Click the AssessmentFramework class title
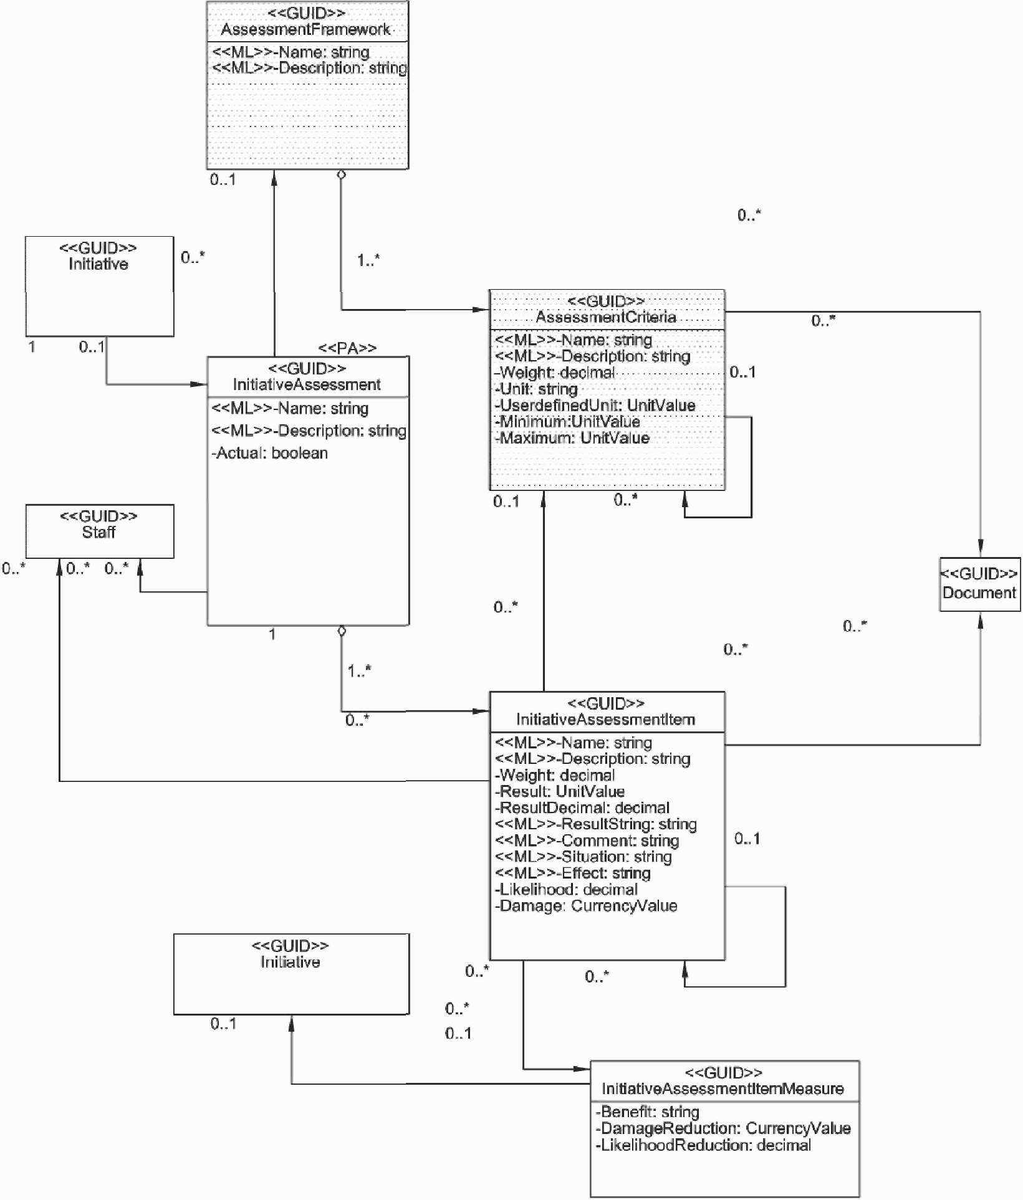pos(305,29)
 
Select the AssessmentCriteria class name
pos(606,317)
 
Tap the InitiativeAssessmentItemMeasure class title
pos(723,1088)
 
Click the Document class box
pos(980,584)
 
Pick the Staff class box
pos(100,531)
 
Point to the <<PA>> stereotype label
pos(347,348)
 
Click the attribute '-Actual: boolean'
pos(270,453)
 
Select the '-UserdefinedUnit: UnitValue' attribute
pos(595,406)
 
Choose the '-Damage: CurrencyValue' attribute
pos(586,906)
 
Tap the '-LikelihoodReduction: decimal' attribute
pos(704,1145)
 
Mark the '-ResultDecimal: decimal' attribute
pos(582,808)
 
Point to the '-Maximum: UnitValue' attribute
pos(572,438)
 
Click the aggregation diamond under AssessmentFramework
pos(341,175)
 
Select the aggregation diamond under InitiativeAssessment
pos(341,631)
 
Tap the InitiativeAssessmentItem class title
pos(606,720)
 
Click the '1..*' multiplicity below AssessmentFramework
pos(368,260)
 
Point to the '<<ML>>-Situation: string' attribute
pos(584,857)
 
